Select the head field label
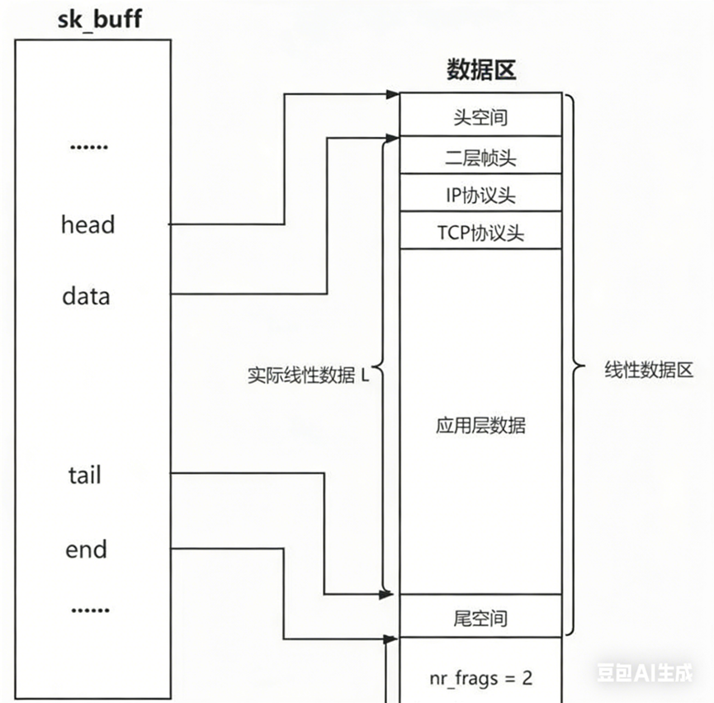[87, 224]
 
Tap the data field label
[86, 295]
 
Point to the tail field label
[84, 475]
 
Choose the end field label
[86, 549]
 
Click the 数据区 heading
[481, 70]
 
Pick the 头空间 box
[480, 116]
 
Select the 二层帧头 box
[480, 157]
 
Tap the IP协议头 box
[480, 196]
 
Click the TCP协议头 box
[480, 233]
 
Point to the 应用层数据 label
[480, 426]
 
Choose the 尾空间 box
[480, 617]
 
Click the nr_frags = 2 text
[480, 678]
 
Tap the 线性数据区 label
[648, 370]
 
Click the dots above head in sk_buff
[88, 148]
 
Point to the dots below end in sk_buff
[89, 611]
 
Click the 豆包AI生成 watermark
[645, 673]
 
